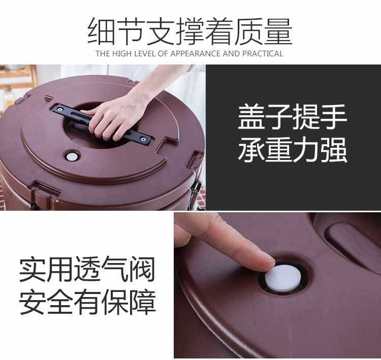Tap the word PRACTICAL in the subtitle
(263, 53)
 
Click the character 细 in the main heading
(102, 31)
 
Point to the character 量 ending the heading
(278, 31)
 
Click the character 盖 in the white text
(251, 117)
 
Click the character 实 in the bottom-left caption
(33, 269)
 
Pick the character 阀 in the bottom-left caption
(141, 269)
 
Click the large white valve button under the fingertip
(283, 278)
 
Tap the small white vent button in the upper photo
(72, 157)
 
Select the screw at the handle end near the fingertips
(143, 139)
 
